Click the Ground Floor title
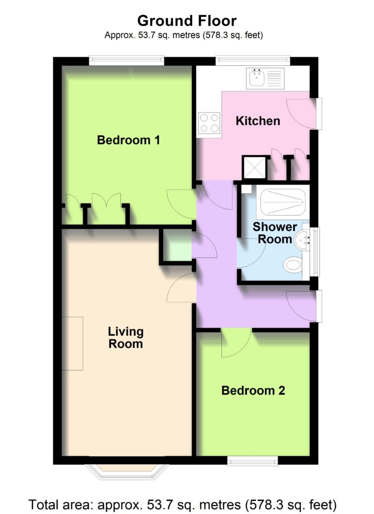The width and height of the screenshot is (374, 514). pos(187,21)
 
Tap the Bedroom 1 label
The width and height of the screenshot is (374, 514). pos(129,140)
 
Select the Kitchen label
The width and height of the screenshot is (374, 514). pos(258,121)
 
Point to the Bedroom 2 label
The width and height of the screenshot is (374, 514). pos(253,391)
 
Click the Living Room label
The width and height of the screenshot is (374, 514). pos(126,338)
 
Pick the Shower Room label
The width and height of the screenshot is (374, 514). pos(275,233)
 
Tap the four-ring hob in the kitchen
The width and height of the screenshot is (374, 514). pos(209,123)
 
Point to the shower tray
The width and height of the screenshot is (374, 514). pos(283,202)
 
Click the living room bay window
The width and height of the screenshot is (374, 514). pos(127,472)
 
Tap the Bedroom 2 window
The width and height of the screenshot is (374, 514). pos(253,461)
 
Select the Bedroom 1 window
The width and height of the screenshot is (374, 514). pos(127,61)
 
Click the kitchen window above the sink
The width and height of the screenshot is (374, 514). pos(253,61)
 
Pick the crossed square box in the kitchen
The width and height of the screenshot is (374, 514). pos(254,168)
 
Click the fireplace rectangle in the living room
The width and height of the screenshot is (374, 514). pos(72,343)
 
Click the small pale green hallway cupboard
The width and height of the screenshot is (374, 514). pos(177,246)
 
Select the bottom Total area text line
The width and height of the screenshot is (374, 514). pos(183,504)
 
